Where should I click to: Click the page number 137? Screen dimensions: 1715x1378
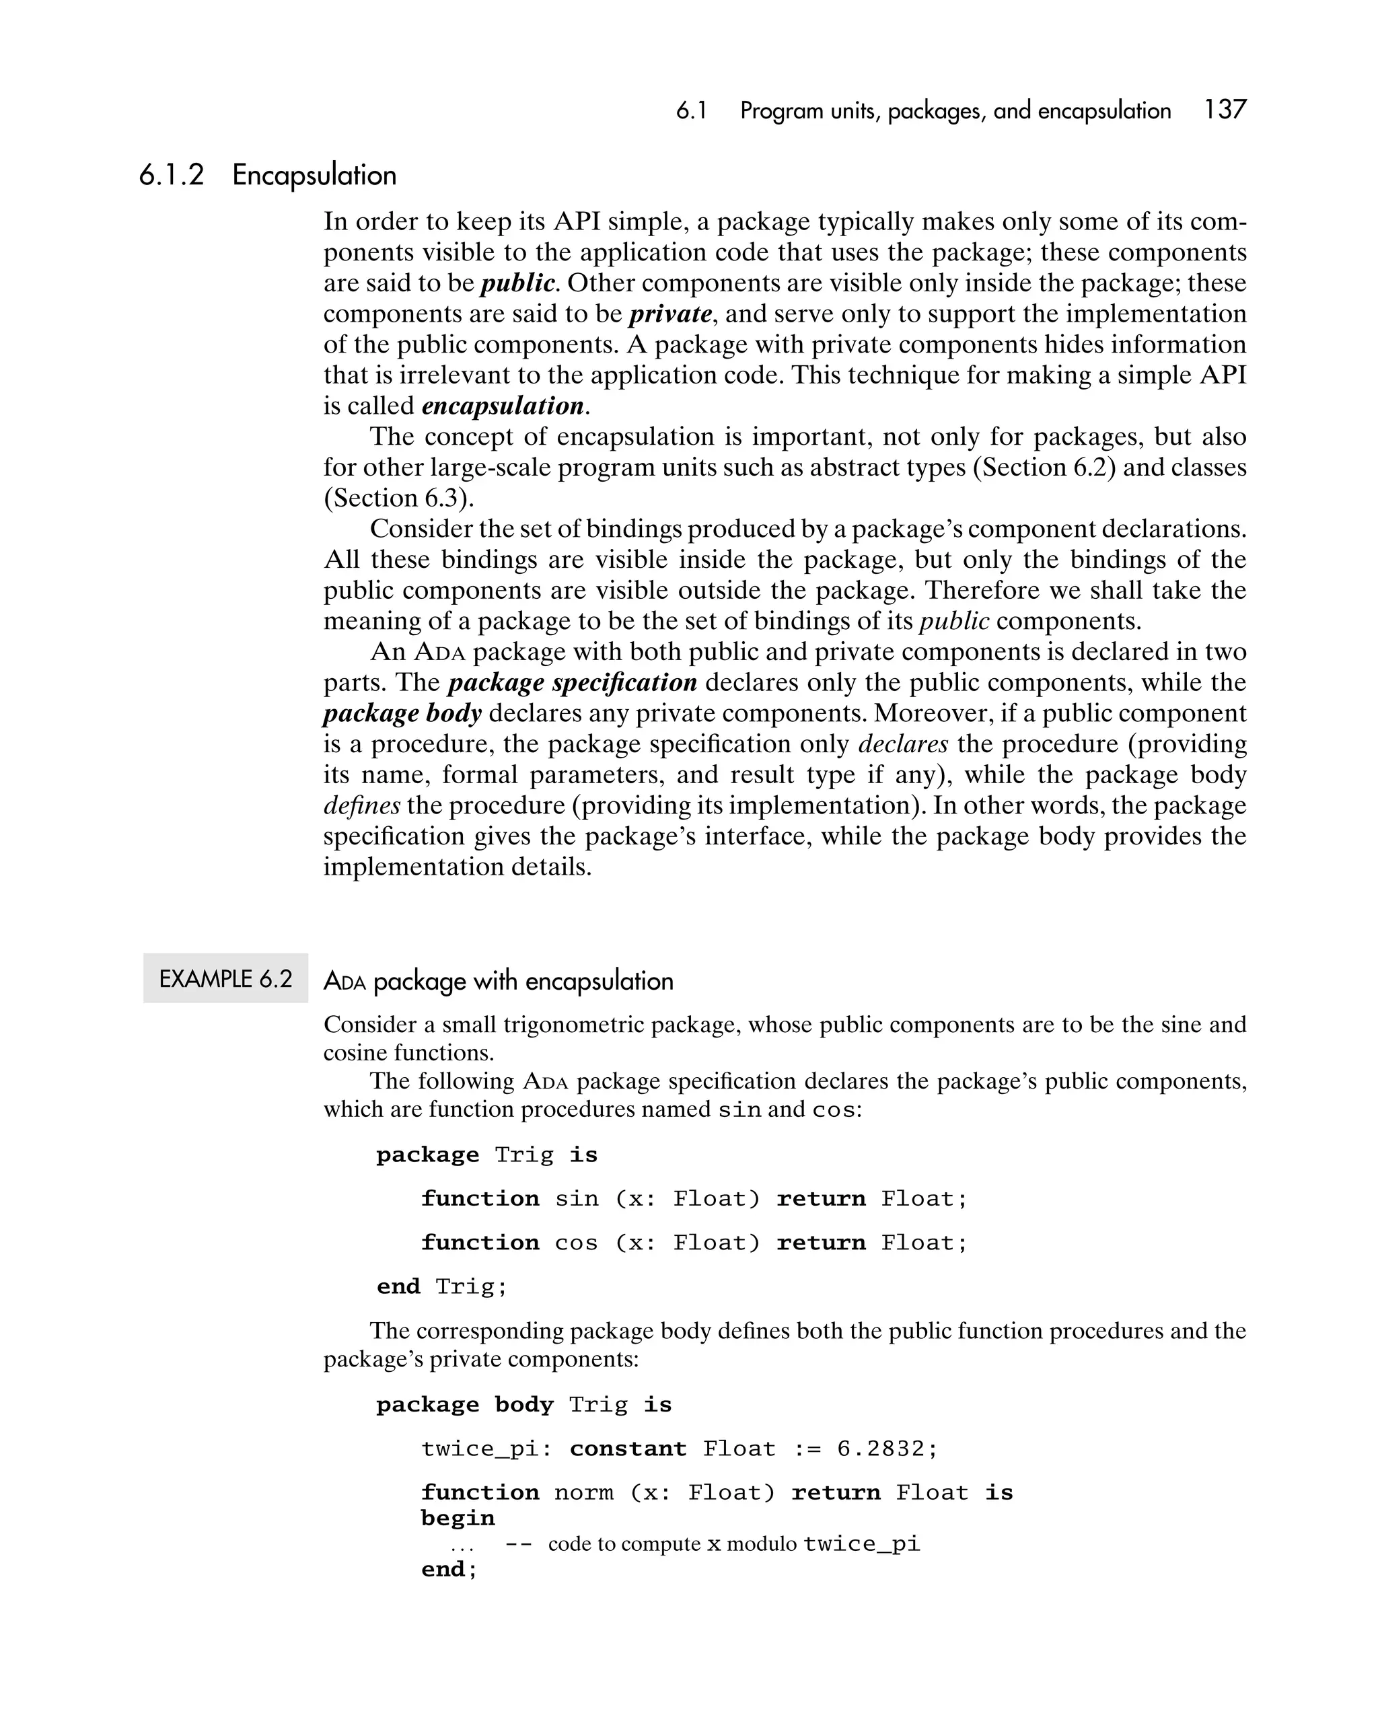[1225, 110]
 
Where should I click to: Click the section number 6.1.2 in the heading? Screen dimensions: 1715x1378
[171, 175]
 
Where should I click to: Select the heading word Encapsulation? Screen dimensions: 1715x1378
[314, 175]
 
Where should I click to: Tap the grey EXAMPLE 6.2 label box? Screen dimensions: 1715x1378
[225, 978]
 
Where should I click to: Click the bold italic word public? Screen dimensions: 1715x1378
[517, 283]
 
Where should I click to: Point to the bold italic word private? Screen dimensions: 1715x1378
[670, 314]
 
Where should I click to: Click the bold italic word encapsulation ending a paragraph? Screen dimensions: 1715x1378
[503, 406]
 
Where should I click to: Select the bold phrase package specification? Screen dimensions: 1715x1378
[572, 682]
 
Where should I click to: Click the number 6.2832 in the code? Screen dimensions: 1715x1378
[880, 1449]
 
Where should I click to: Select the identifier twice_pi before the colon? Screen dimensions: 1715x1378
[480, 1449]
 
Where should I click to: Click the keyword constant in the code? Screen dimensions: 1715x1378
[628, 1449]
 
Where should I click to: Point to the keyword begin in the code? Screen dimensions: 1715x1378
[458, 1519]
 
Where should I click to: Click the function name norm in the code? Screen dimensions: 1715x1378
[583, 1492]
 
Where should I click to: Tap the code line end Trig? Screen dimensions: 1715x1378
[441, 1286]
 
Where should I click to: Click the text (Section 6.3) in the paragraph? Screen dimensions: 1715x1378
[398, 499]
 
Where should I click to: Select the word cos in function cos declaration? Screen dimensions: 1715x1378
[576, 1243]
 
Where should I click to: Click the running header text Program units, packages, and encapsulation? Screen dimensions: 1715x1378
[955, 110]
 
